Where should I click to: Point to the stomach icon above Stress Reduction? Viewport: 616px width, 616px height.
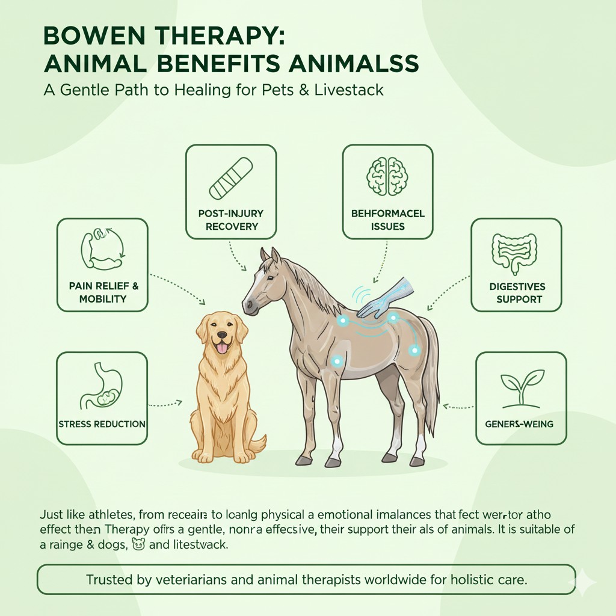pyautogui.click(x=101, y=386)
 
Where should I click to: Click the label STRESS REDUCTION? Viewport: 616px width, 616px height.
pyautogui.click(x=102, y=424)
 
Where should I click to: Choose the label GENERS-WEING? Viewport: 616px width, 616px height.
pyautogui.click(x=519, y=424)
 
